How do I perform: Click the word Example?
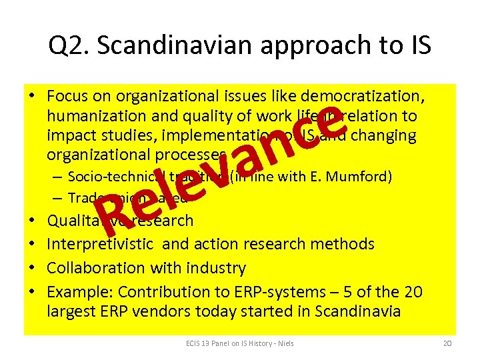[x=75, y=292]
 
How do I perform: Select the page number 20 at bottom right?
[x=446, y=343]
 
